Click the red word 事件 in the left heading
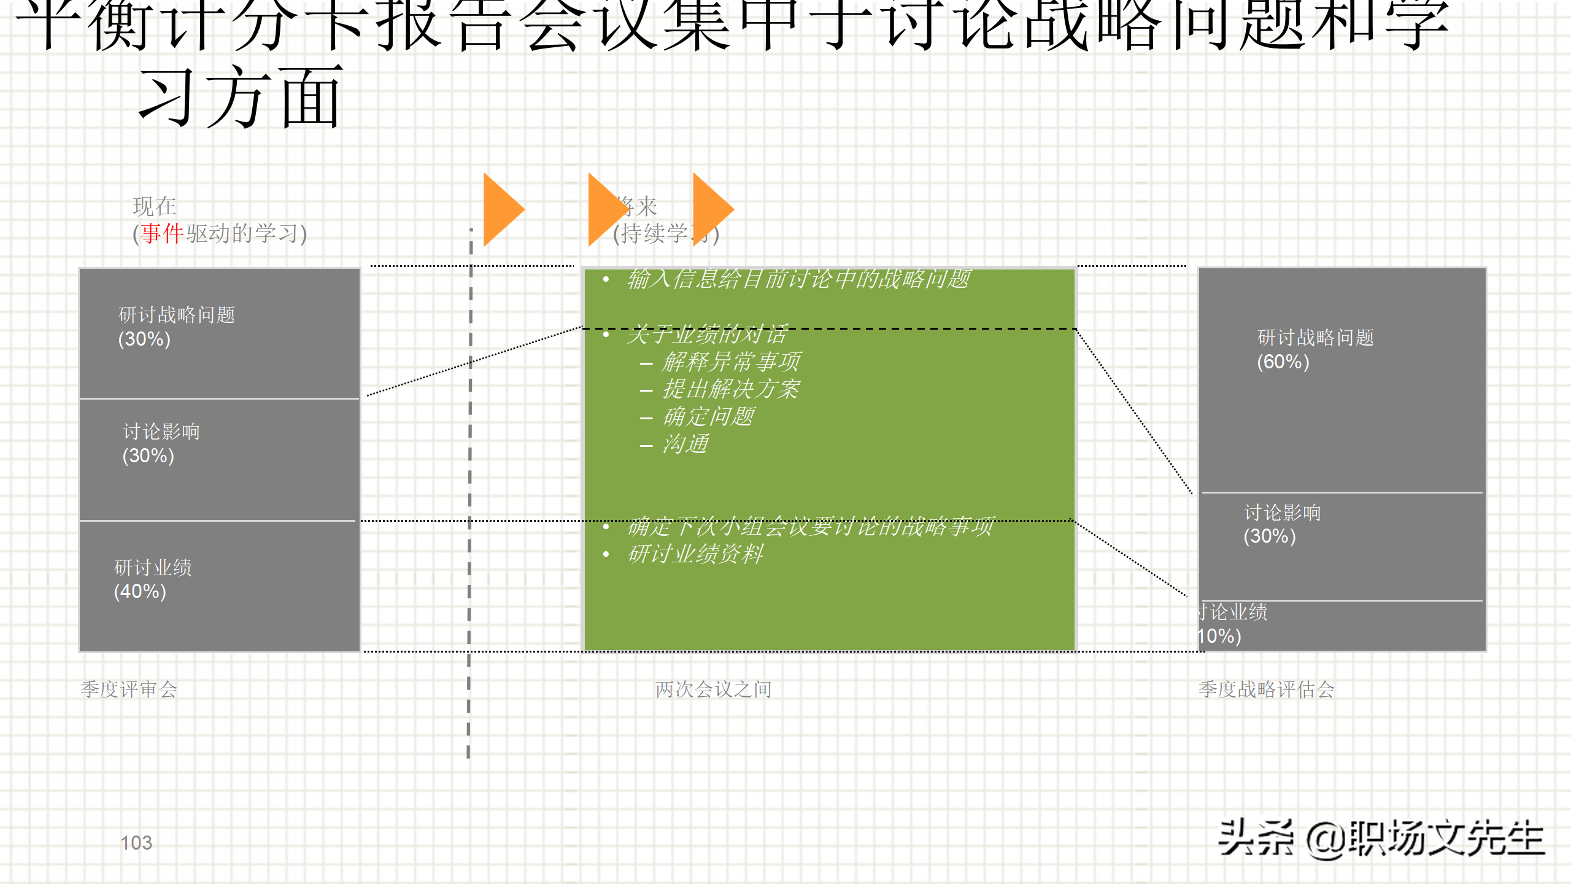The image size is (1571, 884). [162, 233]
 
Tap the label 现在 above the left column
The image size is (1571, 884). [155, 206]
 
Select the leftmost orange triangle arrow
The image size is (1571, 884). [502, 209]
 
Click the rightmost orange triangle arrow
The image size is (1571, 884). [711, 209]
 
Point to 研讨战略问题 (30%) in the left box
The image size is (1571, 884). [176, 327]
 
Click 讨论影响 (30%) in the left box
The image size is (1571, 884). [161, 443]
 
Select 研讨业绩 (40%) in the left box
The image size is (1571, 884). [153, 579]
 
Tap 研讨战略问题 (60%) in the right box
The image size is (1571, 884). [1315, 349]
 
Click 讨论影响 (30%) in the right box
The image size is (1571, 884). [1281, 524]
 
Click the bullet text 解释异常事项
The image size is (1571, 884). [731, 362]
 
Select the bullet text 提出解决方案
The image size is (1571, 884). [731, 389]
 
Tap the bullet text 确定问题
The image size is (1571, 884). [708, 417]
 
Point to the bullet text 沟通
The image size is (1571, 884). [685, 444]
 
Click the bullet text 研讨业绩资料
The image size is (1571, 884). [695, 554]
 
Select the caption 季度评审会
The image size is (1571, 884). [129, 689]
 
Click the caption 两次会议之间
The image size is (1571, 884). [713, 689]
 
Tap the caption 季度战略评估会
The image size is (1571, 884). [1266, 689]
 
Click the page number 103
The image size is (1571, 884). [136, 842]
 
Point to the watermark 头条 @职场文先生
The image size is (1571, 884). [1381, 839]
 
